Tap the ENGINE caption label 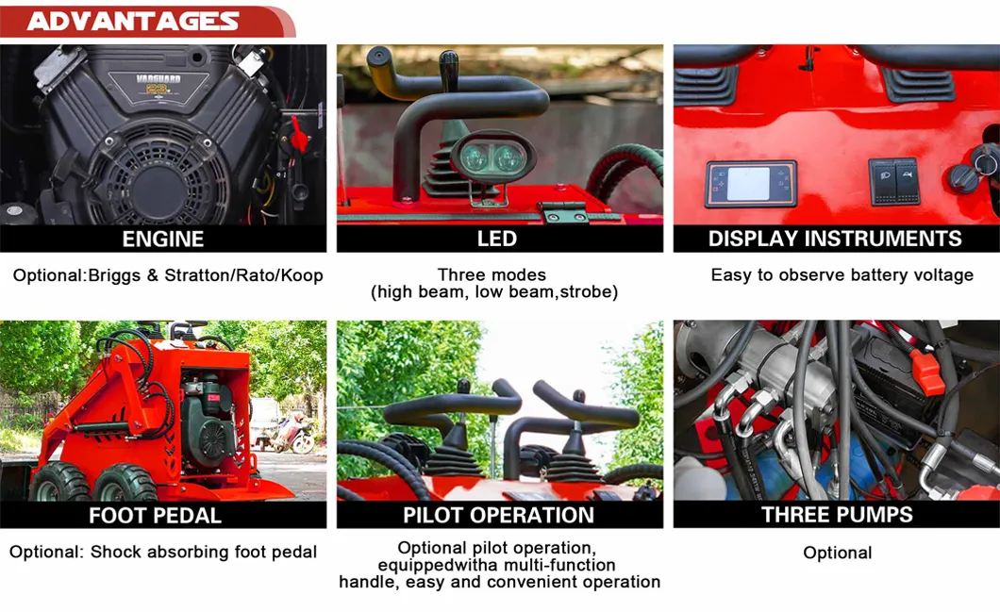(163, 240)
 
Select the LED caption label (497, 240)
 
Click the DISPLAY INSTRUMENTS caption (835, 239)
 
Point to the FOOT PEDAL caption (155, 515)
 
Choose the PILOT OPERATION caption (499, 515)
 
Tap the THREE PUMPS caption (837, 515)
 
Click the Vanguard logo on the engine (158, 84)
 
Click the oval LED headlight (492, 157)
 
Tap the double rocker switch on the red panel (895, 182)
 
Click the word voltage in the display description (943, 275)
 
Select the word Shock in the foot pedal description (116, 552)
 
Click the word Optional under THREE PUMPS (838, 553)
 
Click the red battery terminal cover (926, 372)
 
